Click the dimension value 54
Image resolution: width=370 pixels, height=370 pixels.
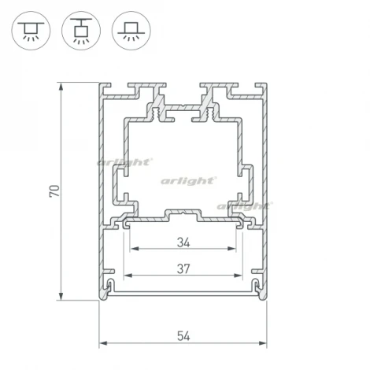pos(183,335)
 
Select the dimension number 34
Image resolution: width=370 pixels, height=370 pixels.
pos(183,241)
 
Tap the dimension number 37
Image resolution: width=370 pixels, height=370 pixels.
pos(183,268)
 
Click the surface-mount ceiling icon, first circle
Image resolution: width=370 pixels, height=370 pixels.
pos(29,30)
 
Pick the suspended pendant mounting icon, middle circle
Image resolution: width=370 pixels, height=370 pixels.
pos(79,30)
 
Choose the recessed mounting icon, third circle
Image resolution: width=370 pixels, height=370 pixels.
pos(128,30)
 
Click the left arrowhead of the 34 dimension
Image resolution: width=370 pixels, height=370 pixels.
pos(131,250)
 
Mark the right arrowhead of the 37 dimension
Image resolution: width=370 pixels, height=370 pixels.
pos(240,276)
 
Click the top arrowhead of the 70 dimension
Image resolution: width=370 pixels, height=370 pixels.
pos(62,84)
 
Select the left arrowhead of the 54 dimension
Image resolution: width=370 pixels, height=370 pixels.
pos(102,344)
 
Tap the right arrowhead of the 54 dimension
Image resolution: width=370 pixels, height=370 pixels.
pos(266,344)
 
